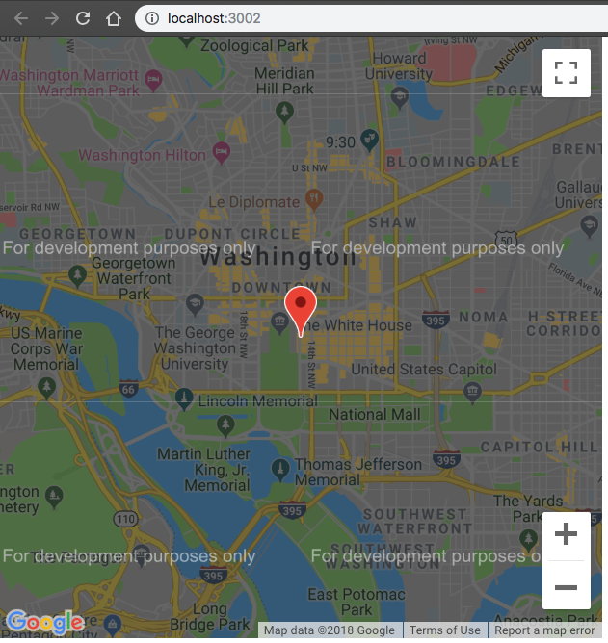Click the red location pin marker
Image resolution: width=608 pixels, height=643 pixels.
click(x=302, y=306)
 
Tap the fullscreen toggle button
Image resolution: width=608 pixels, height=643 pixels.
click(x=567, y=73)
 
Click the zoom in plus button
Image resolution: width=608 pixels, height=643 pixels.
click(x=567, y=534)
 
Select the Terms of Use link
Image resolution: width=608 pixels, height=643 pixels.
click(x=445, y=630)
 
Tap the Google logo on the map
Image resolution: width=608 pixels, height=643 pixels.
click(x=44, y=624)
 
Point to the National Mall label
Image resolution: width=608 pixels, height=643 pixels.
click(x=375, y=415)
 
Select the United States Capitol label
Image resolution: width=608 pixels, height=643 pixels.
click(x=424, y=370)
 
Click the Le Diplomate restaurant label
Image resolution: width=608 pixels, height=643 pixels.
click(x=253, y=202)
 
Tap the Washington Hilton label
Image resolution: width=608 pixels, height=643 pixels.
click(x=143, y=155)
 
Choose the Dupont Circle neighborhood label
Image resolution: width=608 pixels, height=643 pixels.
click(x=232, y=234)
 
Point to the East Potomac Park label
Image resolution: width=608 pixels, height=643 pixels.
click(x=357, y=602)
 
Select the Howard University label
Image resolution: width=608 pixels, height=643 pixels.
click(x=399, y=66)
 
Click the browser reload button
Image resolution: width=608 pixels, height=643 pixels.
click(x=83, y=18)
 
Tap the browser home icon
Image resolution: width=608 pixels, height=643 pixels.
click(x=114, y=18)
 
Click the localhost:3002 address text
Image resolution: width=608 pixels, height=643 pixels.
click(x=213, y=18)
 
